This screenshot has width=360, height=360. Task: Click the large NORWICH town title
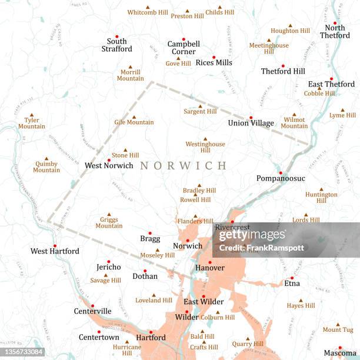[x=183, y=166]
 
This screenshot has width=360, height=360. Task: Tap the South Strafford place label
[x=116, y=45]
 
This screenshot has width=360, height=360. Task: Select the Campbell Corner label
[x=184, y=48]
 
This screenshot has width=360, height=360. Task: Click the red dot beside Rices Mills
[x=214, y=58]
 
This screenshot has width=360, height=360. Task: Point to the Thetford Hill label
[x=283, y=71]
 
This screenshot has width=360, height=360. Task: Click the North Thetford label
[x=334, y=31]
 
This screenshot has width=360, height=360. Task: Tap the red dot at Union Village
[x=251, y=117]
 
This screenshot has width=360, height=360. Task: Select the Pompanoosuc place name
[x=281, y=178]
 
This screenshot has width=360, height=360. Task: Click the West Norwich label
[x=109, y=166]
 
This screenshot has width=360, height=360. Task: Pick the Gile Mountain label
[x=134, y=122]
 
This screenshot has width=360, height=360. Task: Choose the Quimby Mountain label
[x=46, y=166]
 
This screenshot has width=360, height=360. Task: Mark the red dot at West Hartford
[x=55, y=246]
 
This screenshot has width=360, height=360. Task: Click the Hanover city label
[x=210, y=268]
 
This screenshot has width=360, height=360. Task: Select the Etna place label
[x=292, y=283]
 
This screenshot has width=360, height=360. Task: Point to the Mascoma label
[x=339, y=354]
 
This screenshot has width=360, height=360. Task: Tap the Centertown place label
[x=99, y=337]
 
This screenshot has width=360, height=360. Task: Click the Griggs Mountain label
[x=109, y=222]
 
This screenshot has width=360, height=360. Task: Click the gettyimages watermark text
[x=252, y=235]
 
